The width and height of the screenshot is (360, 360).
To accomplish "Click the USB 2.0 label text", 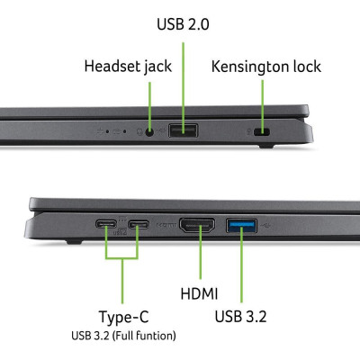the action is [183, 24].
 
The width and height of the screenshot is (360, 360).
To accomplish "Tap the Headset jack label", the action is [128, 67].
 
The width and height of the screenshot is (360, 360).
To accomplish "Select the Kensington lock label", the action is [266, 67].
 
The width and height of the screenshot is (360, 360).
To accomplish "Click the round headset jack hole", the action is [150, 131].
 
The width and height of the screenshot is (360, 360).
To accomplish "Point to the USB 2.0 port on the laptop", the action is [183, 130].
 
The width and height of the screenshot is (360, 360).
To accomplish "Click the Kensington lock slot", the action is [262, 131].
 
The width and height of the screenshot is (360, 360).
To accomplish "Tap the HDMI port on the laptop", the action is [197, 225].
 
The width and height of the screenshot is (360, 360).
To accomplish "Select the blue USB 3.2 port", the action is [241, 226].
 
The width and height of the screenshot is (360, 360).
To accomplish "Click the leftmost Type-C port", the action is [106, 224].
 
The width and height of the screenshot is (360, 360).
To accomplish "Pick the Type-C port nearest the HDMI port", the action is [139, 224].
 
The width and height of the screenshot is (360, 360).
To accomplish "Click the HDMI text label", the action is [199, 293].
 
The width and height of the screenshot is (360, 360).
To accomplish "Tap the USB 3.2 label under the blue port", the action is [240, 317].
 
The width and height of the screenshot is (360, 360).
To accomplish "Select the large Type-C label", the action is [123, 317].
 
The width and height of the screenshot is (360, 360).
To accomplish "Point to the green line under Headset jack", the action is [149, 106].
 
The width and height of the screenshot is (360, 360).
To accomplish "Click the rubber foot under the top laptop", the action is [266, 146].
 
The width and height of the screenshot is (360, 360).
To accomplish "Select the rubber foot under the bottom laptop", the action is [74, 241].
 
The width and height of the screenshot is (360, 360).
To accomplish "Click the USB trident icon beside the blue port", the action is [265, 225].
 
